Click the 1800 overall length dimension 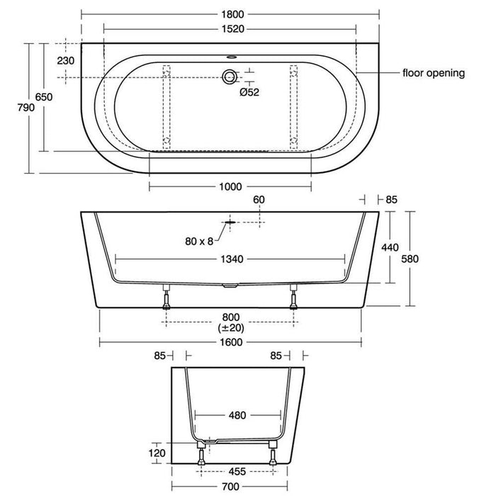tap(230, 13)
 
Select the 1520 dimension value tap(230, 29)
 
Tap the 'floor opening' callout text tap(433, 72)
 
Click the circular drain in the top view tap(230, 76)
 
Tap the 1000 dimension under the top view tap(230, 187)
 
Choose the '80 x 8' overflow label tap(200, 241)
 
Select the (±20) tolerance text tap(230, 328)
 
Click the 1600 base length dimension tap(230, 342)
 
